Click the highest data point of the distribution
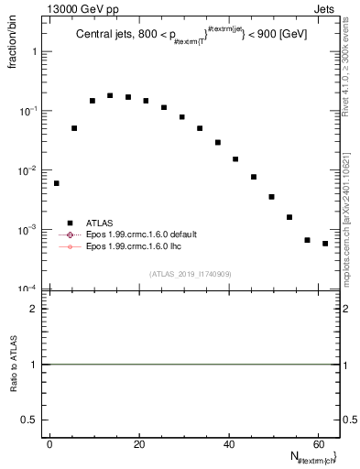(x=110, y=95)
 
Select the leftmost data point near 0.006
(x=57, y=183)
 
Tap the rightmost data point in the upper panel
(x=325, y=244)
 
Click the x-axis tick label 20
(x=139, y=443)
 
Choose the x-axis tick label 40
(x=229, y=443)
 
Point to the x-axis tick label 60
(x=318, y=443)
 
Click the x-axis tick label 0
(x=49, y=443)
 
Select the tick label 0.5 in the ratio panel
(x=28, y=420)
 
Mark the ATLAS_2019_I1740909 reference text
(x=191, y=273)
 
